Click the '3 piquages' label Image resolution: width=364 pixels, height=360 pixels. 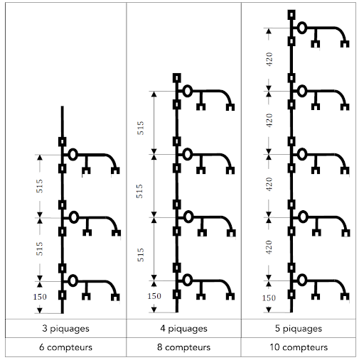(x=65, y=329)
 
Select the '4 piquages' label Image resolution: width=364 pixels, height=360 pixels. (x=183, y=329)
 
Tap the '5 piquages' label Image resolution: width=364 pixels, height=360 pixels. (x=299, y=329)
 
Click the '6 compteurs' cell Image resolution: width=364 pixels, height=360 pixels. (x=65, y=347)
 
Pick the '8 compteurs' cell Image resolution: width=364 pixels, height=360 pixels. (x=183, y=347)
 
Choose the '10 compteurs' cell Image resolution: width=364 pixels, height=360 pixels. (x=299, y=347)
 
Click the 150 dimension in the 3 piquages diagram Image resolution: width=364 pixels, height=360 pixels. (x=40, y=297)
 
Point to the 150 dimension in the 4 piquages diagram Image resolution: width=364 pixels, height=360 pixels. (x=154, y=296)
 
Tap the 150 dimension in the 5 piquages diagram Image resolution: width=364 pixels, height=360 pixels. (x=269, y=298)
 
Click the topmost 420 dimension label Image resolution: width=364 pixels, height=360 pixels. (x=269, y=59)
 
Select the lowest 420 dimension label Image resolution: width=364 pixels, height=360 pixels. (x=269, y=247)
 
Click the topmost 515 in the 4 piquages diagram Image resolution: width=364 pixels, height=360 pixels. (x=141, y=128)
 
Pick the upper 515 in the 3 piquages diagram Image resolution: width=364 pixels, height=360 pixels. (x=40, y=186)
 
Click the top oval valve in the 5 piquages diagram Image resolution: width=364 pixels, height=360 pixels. (x=302, y=28)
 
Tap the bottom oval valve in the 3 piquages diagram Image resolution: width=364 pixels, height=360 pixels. (x=73, y=280)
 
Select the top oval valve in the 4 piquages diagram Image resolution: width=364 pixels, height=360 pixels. (x=188, y=91)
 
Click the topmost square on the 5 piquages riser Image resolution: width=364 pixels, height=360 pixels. (x=291, y=15)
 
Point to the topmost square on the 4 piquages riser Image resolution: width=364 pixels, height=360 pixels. (x=177, y=78)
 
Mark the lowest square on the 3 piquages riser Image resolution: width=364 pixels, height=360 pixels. (x=63, y=295)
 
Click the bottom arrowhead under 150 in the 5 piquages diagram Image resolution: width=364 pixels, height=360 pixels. (x=269, y=310)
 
